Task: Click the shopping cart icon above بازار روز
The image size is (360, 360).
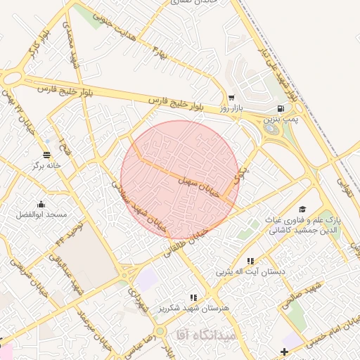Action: point(231,98)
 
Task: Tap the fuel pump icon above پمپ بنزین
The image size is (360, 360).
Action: point(281,109)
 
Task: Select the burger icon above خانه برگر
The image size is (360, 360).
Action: point(46,155)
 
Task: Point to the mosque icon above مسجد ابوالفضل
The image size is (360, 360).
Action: point(42,202)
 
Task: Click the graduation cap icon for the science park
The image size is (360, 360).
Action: point(302,209)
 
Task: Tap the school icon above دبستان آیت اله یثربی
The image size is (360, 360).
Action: point(249,259)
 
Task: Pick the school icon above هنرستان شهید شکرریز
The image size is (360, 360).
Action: point(193,297)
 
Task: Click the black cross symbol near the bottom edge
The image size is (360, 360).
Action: point(283,352)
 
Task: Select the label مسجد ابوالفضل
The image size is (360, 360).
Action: point(42,213)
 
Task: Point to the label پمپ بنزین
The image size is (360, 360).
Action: point(281,121)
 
